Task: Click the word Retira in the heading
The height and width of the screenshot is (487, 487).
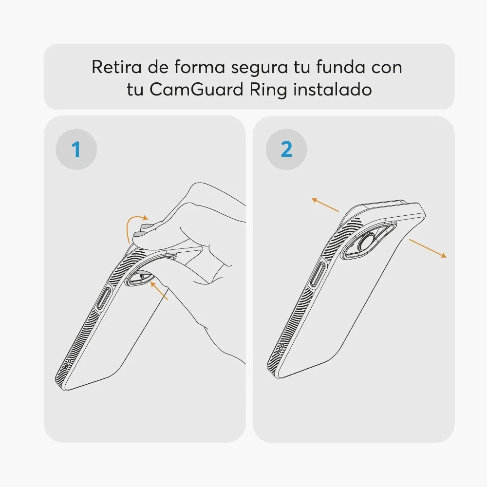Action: point(116,67)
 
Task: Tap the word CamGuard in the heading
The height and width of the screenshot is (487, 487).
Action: point(196,90)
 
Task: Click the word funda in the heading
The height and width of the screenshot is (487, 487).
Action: point(340,67)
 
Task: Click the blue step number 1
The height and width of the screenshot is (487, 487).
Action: point(76,150)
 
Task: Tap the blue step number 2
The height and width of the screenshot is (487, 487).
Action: point(286,149)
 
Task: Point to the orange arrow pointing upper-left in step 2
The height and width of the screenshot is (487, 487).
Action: point(325,205)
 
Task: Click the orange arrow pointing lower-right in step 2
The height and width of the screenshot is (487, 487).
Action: point(428,248)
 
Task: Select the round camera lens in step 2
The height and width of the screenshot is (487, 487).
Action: point(367,242)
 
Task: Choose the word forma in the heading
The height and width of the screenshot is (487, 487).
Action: point(200,67)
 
